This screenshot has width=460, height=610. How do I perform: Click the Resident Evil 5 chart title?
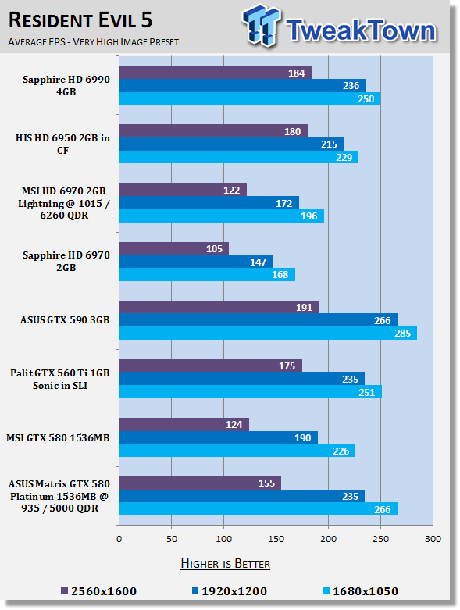(x=80, y=20)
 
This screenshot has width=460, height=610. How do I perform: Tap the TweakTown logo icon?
(x=261, y=26)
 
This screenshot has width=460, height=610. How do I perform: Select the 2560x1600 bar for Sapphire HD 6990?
(x=216, y=73)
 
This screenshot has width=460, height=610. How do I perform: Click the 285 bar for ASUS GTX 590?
(x=269, y=334)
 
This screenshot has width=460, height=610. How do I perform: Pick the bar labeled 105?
(x=174, y=248)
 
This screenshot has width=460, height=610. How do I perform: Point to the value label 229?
(x=344, y=158)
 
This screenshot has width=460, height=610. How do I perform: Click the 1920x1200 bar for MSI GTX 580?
(x=219, y=437)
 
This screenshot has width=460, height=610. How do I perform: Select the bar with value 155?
(x=200, y=483)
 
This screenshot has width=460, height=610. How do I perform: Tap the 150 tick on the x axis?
(x=276, y=539)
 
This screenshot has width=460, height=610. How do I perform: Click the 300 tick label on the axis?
(x=433, y=539)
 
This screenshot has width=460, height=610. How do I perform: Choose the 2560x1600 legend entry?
(x=99, y=591)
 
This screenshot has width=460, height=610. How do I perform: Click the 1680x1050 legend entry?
(x=361, y=591)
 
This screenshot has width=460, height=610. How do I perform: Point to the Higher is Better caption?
(x=226, y=564)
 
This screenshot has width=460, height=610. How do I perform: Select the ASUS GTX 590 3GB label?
(x=65, y=320)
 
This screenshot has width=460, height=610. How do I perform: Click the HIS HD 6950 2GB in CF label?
(x=62, y=144)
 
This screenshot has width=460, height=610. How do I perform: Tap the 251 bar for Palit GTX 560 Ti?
(x=251, y=392)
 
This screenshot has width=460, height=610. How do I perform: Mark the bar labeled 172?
(x=209, y=203)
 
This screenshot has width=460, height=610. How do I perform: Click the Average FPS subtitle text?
(x=93, y=42)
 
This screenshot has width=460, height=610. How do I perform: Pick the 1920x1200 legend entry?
(x=230, y=591)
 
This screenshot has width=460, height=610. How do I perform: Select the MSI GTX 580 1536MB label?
(x=58, y=438)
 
